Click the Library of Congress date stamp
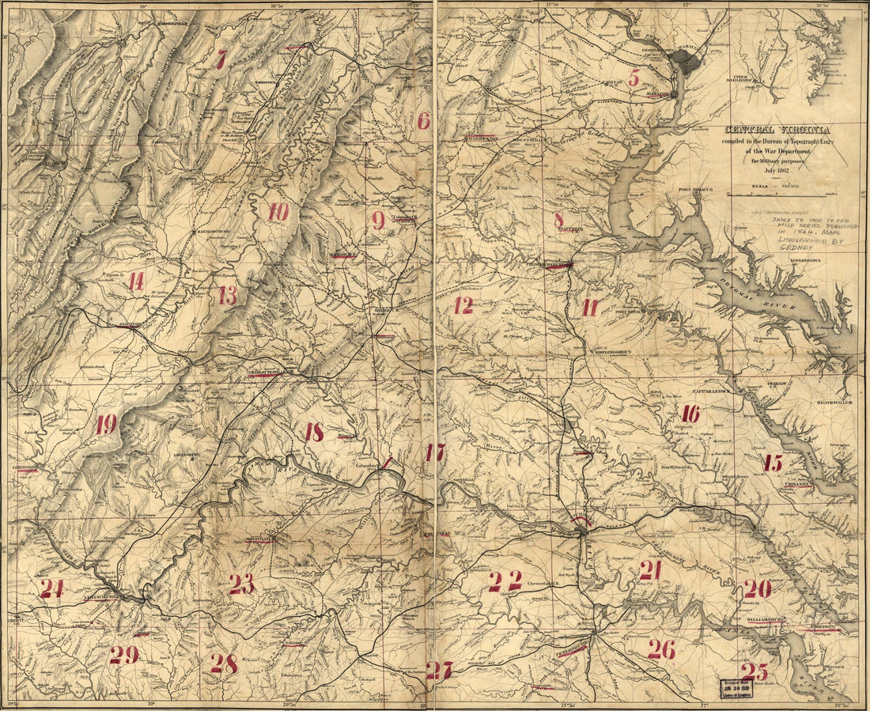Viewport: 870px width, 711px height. tap(735, 688)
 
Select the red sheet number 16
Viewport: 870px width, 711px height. tap(690, 413)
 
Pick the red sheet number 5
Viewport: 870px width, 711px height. tap(634, 78)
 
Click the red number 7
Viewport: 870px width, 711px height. tap(221, 59)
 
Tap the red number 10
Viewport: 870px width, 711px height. tap(278, 212)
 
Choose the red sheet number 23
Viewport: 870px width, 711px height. tap(241, 584)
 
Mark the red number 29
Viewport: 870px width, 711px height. tap(124, 654)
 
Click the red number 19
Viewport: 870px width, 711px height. tap(106, 425)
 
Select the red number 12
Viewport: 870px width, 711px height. tap(463, 305)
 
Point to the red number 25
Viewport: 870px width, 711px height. tap(756, 671)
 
